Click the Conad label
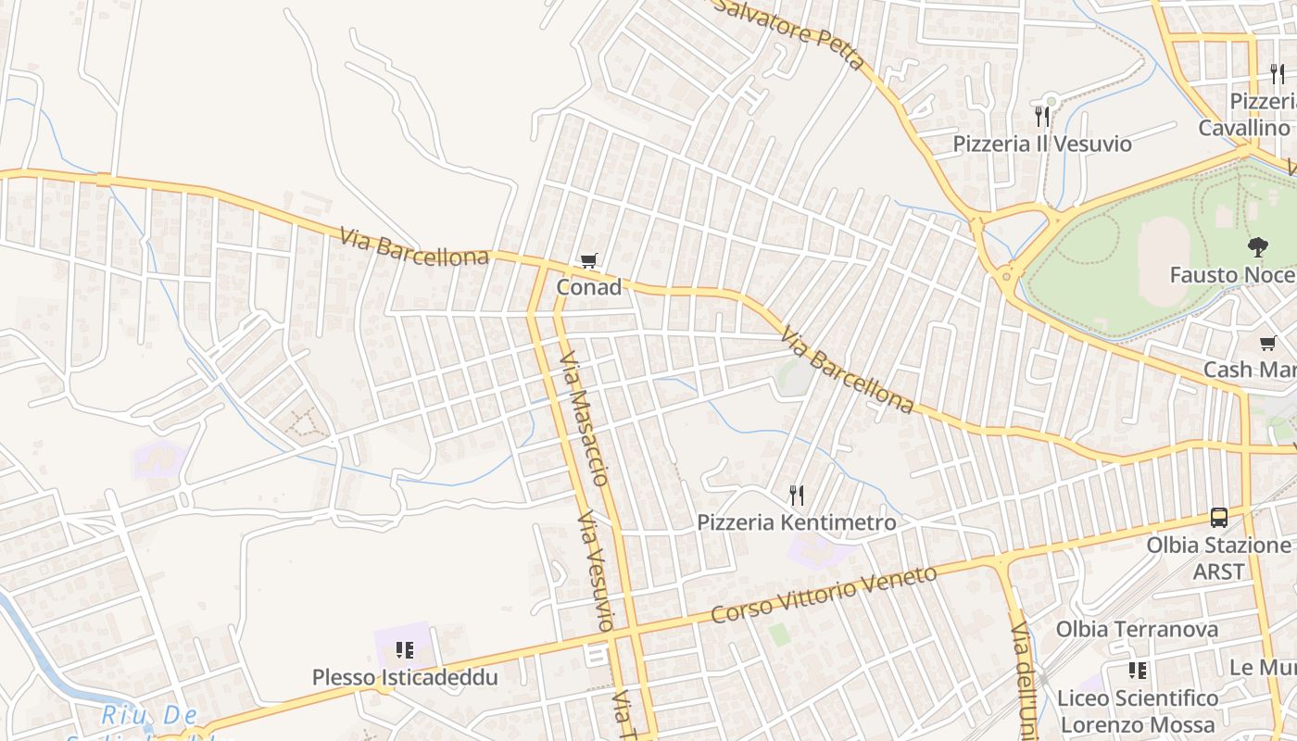588,288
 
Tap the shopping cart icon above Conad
588,262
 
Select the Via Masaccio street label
585,418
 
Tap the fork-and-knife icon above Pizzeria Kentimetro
796,496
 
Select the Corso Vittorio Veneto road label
825,595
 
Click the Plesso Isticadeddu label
405,677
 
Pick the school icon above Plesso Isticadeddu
404,650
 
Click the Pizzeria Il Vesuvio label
1042,144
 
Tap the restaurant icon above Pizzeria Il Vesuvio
1042,116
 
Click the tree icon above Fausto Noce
1257,247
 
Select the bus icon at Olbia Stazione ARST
1219,518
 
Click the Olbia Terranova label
1137,629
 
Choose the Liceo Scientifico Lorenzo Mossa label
1137,710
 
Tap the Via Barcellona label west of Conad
414,246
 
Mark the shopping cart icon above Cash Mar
1268,344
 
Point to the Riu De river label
149,715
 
